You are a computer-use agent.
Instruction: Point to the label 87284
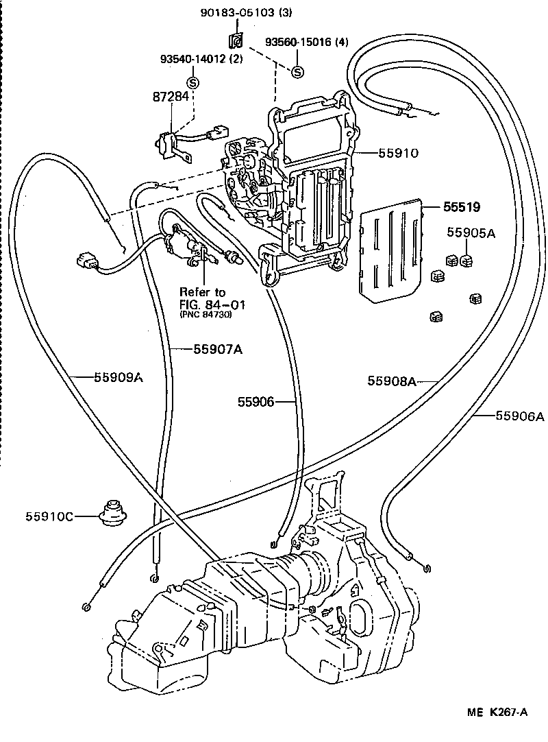tap(171, 97)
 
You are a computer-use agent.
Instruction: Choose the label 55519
tap(461, 206)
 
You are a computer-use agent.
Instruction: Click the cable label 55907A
tap(218, 349)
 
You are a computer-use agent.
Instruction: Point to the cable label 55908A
tap(392, 381)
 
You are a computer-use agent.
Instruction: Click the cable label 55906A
tap(520, 415)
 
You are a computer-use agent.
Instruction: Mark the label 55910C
tap(51, 515)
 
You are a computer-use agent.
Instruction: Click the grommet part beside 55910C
tap(110, 512)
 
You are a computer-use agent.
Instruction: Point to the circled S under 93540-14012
tap(193, 82)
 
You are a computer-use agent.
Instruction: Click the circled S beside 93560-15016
tap(297, 72)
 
